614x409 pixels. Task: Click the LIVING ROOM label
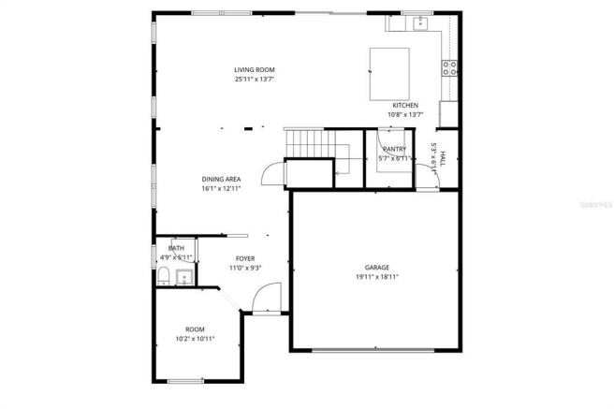[254, 70]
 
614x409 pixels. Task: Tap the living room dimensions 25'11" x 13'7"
[254, 80]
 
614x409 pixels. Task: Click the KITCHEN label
[405, 105]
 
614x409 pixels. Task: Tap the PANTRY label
[394, 150]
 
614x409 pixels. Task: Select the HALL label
[443, 159]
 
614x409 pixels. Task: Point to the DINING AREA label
[221, 179]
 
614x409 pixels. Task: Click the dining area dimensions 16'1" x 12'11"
[221, 189]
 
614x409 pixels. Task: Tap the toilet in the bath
[163, 275]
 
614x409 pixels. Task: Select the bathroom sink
[184, 276]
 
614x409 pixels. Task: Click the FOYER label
[244, 259]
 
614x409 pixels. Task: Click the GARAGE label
[377, 268]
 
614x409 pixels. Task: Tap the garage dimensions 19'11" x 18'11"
[377, 277]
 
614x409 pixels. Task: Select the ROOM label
[195, 329]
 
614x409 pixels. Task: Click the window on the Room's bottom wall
[184, 380]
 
